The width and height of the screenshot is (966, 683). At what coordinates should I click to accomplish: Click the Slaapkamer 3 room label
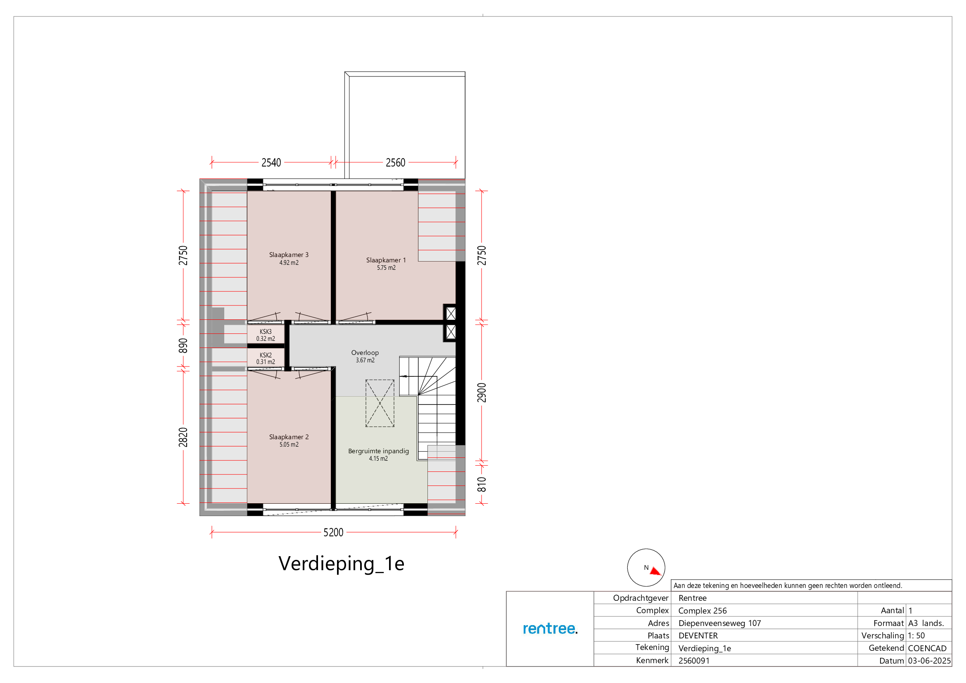pyautogui.click(x=289, y=255)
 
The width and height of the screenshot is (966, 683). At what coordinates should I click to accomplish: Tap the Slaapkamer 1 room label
pyautogui.click(x=386, y=260)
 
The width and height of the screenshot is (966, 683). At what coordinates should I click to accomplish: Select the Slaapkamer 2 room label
pyautogui.click(x=289, y=437)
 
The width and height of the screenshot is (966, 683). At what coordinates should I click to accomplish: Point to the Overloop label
pyautogui.click(x=365, y=352)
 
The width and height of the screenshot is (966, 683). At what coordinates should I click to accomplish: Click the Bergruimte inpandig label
pyautogui.click(x=378, y=451)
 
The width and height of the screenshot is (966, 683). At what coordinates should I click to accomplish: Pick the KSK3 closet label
pyautogui.click(x=266, y=332)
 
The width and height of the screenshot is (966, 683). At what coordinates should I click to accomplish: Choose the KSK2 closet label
pyautogui.click(x=266, y=355)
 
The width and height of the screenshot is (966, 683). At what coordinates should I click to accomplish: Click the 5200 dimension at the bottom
pyautogui.click(x=333, y=532)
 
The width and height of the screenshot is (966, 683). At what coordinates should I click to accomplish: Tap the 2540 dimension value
pyautogui.click(x=271, y=162)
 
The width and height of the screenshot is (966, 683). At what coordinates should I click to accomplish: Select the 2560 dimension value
pyautogui.click(x=396, y=162)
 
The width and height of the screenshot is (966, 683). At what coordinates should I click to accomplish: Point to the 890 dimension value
pyautogui.click(x=183, y=345)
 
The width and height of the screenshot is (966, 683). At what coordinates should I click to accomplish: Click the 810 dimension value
pyautogui.click(x=482, y=485)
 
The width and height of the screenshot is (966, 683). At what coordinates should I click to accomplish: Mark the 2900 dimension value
pyautogui.click(x=482, y=393)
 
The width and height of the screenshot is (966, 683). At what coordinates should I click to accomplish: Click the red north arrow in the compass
pyautogui.click(x=655, y=571)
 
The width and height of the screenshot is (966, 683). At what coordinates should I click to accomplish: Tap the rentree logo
pyautogui.click(x=550, y=629)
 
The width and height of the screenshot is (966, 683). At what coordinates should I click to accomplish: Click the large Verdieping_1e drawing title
pyautogui.click(x=341, y=564)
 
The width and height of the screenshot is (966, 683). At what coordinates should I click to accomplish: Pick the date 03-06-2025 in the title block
pyautogui.click(x=929, y=661)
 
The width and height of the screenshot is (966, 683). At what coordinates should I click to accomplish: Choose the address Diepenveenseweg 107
pyautogui.click(x=719, y=623)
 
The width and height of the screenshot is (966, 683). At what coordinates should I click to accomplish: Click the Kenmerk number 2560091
pyautogui.click(x=694, y=661)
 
